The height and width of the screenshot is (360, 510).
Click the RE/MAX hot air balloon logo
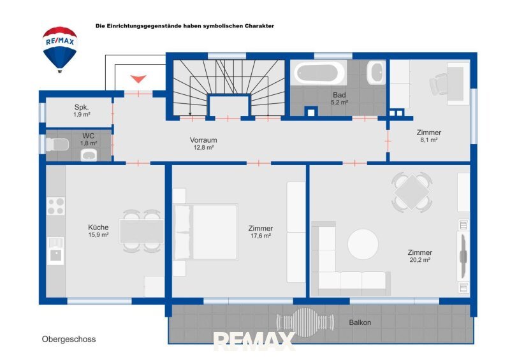click(60, 50)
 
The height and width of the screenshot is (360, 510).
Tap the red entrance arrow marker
click(138, 79)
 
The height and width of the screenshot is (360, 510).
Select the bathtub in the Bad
click(319, 73)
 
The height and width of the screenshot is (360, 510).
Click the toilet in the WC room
click(57, 145)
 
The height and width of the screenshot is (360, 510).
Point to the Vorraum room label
click(203, 140)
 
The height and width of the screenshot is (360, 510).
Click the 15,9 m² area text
click(98, 235)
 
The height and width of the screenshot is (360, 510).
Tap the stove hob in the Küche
click(55, 206)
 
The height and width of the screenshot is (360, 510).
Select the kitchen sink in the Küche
click(55, 251)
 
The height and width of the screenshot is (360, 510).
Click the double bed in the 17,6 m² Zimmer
click(206, 232)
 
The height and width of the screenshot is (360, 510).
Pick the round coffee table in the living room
click(363, 244)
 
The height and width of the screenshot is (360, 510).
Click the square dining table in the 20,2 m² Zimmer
click(412, 192)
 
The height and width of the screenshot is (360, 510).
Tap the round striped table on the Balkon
click(305, 322)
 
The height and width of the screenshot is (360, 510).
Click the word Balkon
click(360, 322)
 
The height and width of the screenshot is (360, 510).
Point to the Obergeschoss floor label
click(69, 340)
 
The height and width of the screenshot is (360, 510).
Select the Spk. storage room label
click(82, 107)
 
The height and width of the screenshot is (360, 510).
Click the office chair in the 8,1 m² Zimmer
click(439, 84)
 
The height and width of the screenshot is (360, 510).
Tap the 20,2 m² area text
click(420, 260)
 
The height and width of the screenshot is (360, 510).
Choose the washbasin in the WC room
click(89, 155)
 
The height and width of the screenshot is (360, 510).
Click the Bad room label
click(339, 96)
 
